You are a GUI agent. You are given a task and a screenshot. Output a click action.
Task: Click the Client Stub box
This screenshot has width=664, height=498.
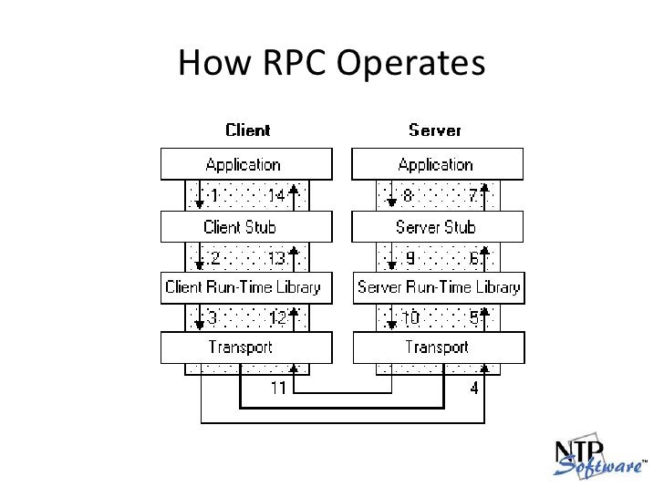click(246, 227)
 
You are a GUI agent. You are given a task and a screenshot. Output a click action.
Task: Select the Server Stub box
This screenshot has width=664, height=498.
click(438, 227)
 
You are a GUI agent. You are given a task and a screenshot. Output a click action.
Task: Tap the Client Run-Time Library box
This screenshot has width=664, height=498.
click(246, 288)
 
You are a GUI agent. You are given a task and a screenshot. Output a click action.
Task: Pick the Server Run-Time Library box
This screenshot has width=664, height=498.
click(439, 288)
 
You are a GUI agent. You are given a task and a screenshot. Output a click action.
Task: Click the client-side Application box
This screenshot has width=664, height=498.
click(246, 164)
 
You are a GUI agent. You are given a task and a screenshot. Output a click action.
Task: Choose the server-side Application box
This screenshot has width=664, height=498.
click(438, 164)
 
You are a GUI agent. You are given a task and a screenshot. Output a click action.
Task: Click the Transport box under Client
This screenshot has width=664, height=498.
click(246, 348)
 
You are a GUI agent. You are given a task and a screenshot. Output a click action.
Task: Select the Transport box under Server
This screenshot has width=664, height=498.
click(439, 348)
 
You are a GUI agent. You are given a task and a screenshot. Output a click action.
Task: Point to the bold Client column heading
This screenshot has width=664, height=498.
click(248, 130)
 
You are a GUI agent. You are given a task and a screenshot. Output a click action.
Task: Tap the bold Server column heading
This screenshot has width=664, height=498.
click(435, 130)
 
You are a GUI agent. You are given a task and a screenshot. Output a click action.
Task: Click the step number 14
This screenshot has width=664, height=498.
click(277, 195)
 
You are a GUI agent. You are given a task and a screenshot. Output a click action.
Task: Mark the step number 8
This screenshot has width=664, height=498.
click(408, 195)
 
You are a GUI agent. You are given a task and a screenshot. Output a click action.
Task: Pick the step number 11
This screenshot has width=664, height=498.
click(278, 388)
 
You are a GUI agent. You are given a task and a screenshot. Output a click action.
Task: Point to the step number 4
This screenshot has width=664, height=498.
click(474, 388)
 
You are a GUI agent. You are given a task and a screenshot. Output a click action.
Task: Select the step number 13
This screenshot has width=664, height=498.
click(277, 258)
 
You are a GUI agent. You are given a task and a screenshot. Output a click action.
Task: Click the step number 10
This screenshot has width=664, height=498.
click(410, 317)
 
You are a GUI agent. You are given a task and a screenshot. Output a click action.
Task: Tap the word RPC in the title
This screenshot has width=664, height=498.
click(295, 63)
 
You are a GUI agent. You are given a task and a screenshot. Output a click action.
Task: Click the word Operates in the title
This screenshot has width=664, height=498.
click(410, 64)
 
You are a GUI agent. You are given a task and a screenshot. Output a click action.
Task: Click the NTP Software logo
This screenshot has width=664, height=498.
click(599, 457)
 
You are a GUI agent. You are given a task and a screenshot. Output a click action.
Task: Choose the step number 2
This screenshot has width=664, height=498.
click(215, 258)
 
